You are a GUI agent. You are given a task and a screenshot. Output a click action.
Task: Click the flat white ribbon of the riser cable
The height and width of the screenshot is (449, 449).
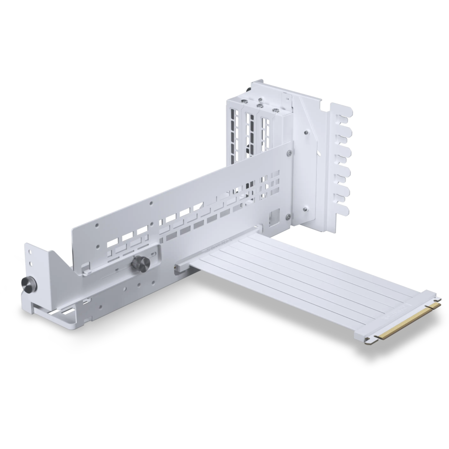tap(305, 277)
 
